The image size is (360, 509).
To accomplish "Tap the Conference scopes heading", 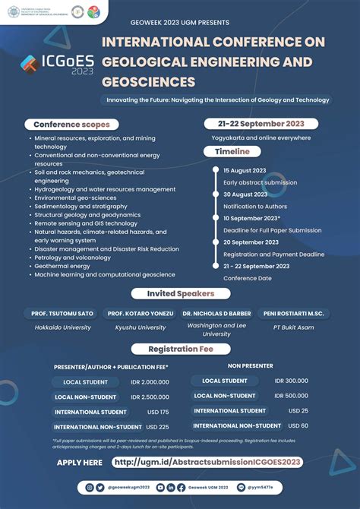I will (x=72, y=125).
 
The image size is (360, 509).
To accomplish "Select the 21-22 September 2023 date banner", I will (x=261, y=124).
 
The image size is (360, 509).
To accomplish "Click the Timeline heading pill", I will (x=227, y=151).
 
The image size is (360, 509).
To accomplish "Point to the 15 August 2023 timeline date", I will (x=245, y=171).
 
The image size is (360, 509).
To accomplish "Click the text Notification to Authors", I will (x=255, y=207).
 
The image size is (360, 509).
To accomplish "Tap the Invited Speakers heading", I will (x=179, y=293).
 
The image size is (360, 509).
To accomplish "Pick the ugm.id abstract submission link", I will (x=207, y=462).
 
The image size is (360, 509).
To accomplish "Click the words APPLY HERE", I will (x=80, y=462).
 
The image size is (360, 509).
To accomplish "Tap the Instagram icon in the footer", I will (x=90, y=486).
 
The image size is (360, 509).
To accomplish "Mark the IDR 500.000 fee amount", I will (x=291, y=395).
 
